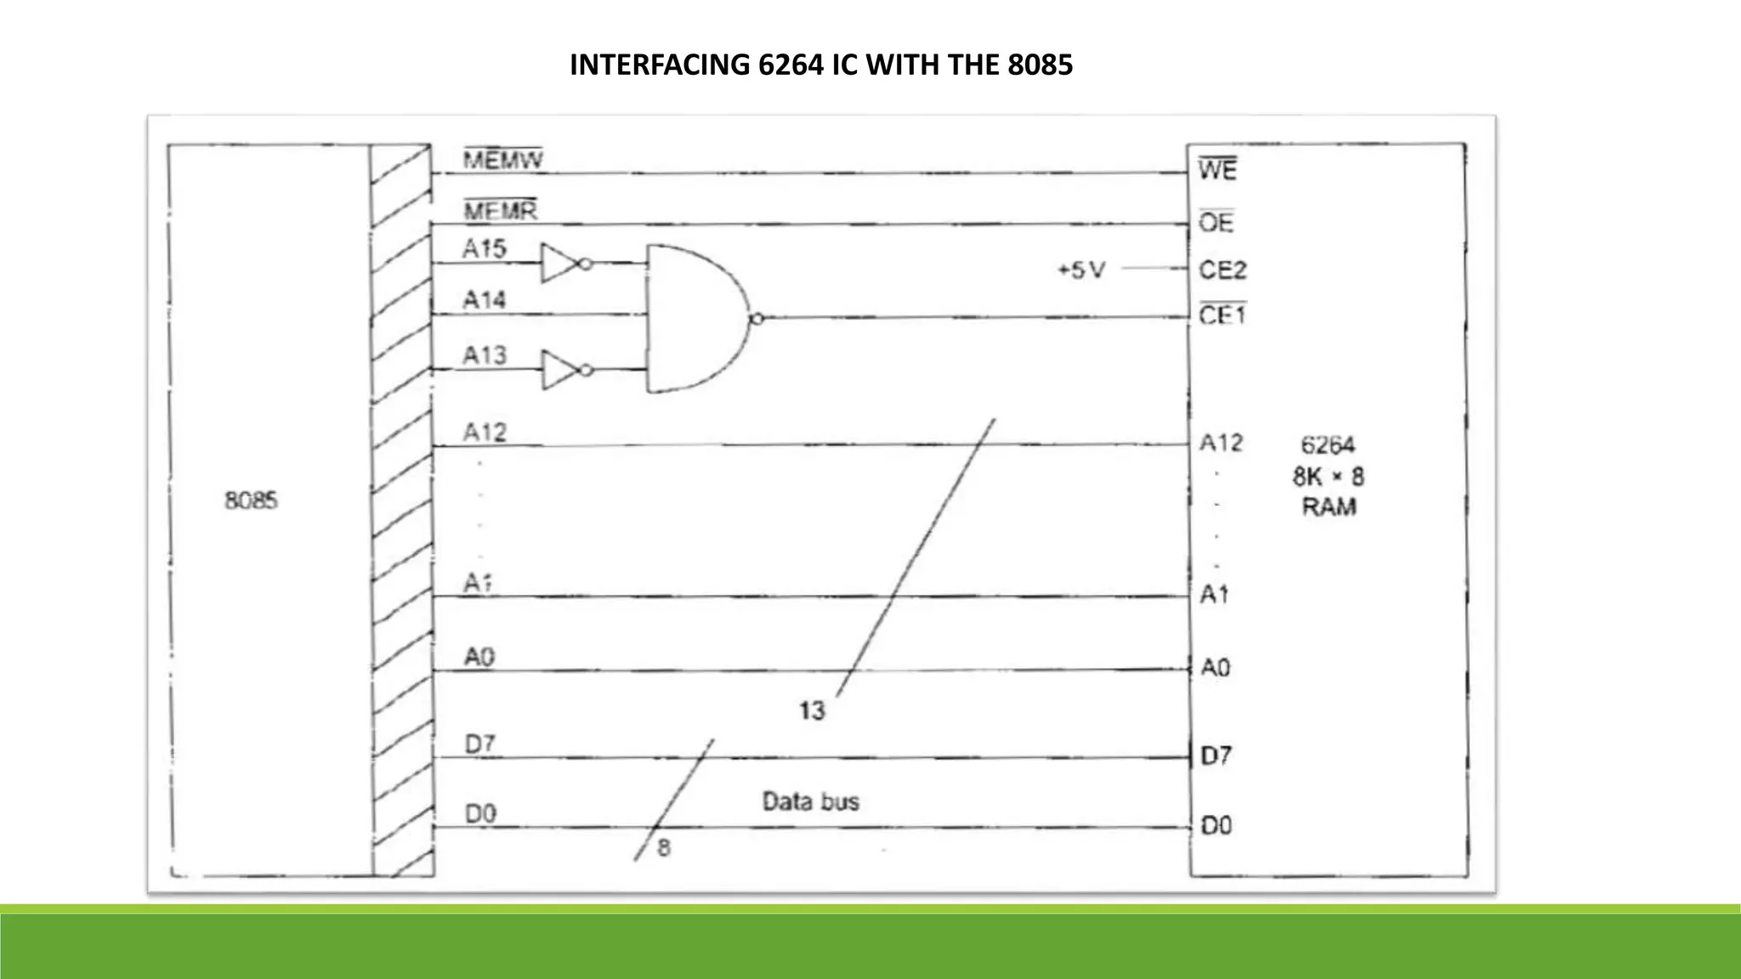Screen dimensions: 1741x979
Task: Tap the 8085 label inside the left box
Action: tap(251, 501)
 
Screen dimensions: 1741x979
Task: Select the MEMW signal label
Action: tap(503, 161)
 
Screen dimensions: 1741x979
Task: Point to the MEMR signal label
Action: tap(500, 210)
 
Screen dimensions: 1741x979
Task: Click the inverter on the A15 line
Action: tap(562, 263)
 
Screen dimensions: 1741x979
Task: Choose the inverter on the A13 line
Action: tap(562, 370)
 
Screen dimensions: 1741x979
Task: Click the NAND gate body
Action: tap(693, 319)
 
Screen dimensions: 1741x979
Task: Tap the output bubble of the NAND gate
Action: tap(757, 319)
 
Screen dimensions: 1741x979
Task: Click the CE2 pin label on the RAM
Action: tap(1222, 270)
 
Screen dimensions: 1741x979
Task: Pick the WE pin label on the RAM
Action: tap(1217, 170)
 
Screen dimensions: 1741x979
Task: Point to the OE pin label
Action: tap(1216, 223)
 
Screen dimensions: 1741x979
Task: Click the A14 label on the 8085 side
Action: tap(484, 300)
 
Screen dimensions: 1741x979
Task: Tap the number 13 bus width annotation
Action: tap(812, 710)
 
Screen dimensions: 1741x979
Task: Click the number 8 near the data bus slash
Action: tap(664, 847)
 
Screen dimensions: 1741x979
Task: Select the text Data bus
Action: tap(810, 801)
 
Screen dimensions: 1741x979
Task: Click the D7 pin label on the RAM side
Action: tap(1216, 755)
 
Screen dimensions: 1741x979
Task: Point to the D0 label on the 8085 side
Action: tap(480, 814)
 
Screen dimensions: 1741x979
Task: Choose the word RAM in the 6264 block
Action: tap(1329, 507)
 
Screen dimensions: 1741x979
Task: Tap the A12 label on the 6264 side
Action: tap(1221, 443)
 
